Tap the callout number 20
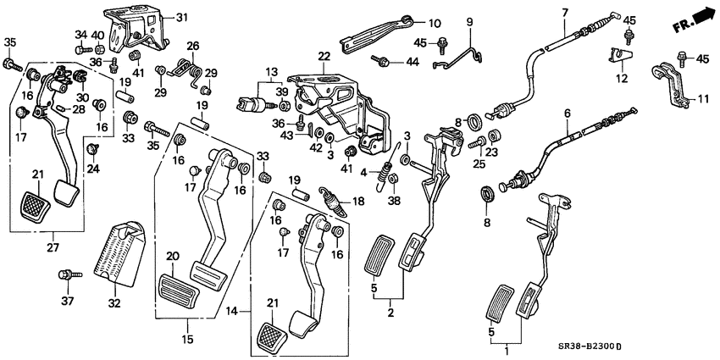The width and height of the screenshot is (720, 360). (173, 256)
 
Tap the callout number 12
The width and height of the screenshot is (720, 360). (621, 79)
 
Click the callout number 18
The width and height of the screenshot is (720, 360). (357, 201)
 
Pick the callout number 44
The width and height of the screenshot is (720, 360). (413, 61)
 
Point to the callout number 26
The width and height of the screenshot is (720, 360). (192, 45)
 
